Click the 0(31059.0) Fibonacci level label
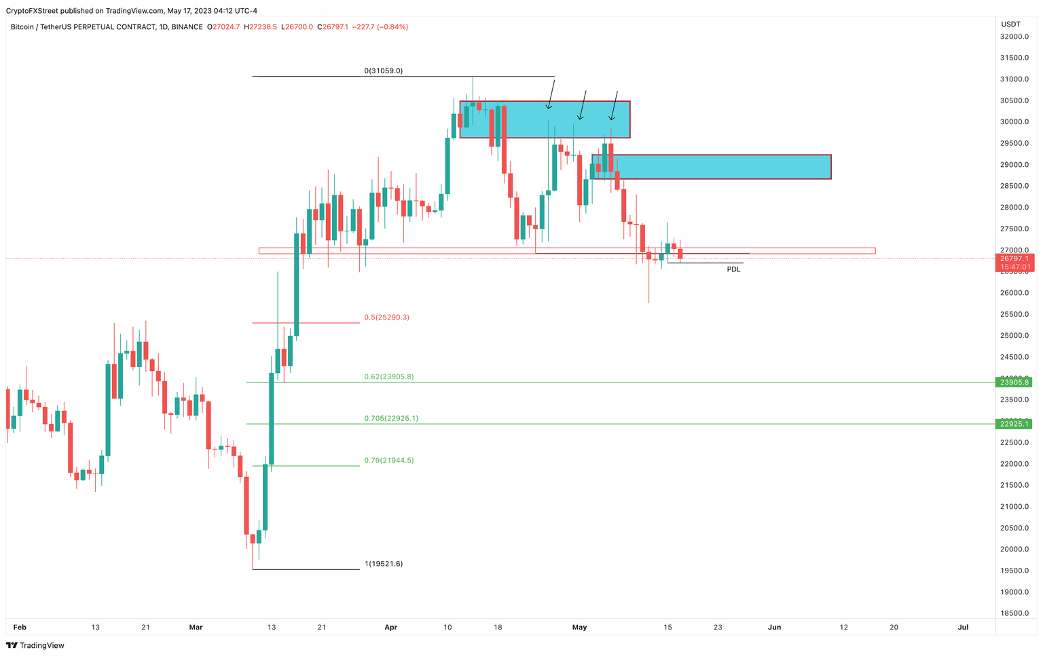tap(384, 71)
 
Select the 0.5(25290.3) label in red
tap(386, 317)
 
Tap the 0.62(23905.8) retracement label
tap(388, 377)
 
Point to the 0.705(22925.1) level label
tap(391, 419)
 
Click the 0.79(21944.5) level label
tap(388, 461)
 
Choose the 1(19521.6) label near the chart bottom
tap(384, 564)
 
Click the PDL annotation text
tap(733, 269)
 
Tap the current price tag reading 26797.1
tap(1014, 258)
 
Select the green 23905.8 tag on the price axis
tap(1014, 383)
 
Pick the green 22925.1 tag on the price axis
tap(1014, 424)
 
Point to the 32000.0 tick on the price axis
tap(1014, 37)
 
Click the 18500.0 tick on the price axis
tap(1014, 613)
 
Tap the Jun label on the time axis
tap(774, 628)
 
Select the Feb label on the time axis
tap(20, 628)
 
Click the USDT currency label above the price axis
tap(1010, 24)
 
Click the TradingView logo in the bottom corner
tap(35, 646)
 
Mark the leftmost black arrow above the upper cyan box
tap(551, 94)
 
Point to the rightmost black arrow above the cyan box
tap(614, 106)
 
